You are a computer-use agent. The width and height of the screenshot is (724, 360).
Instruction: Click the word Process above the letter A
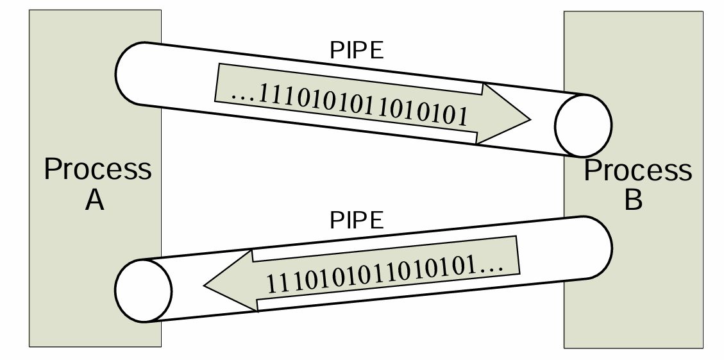coord(97,170)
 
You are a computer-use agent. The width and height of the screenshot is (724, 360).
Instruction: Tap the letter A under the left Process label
coord(95,201)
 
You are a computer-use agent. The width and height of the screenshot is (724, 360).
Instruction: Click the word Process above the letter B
coord(638,171)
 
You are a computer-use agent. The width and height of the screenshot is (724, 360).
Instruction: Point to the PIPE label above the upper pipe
coord(357,51)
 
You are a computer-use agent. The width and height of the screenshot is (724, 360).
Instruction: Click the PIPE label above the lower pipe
coord(357,221)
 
